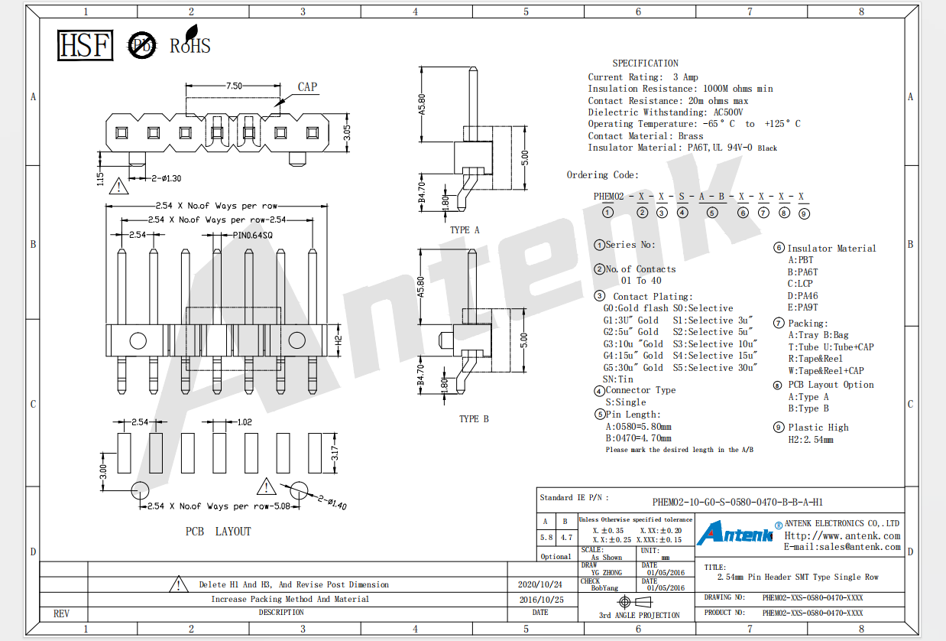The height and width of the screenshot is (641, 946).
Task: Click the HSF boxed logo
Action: (x=85, y=45)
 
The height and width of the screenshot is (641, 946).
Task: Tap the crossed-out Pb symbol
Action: (x=142, y=45)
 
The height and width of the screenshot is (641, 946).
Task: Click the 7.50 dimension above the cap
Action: (x=234, y=86)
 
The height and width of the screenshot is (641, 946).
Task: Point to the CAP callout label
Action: (x=307, y=86)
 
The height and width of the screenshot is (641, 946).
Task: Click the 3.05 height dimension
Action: (x=347, y=133)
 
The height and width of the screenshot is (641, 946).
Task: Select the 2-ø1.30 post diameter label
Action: (x=167, y=178)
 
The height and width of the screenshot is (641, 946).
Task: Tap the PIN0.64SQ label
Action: (x=253, y=235)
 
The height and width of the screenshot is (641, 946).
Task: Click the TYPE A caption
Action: (x=465, y=230)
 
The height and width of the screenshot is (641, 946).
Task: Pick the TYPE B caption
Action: (x=474, y=419)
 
